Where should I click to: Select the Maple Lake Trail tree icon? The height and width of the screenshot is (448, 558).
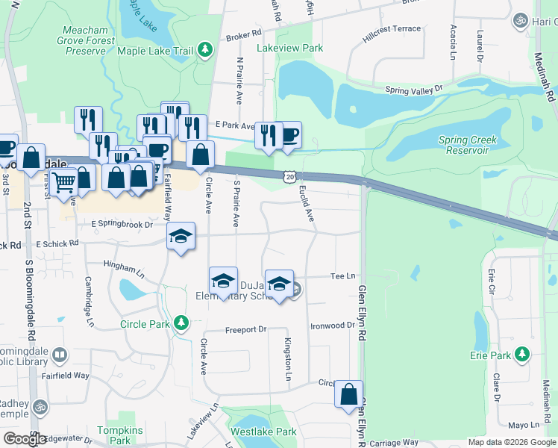[204, 51]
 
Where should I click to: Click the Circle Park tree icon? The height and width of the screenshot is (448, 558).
[180, 323]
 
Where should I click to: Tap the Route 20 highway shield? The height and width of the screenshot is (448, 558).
[289, 175]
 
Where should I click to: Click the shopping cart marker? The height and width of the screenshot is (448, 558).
[64, 180]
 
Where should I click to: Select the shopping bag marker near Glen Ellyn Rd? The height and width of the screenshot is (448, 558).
[348, 393]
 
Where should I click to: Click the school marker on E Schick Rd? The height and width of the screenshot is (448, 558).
[181, 237]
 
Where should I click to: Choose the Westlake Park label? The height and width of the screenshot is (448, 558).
[263, 432]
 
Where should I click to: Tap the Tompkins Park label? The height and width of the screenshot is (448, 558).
[114, 435]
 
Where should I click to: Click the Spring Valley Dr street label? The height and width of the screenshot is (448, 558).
[414, 90]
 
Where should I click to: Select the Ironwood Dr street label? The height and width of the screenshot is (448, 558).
[333, 326]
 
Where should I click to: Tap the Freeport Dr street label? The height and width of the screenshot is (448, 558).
[245, 329]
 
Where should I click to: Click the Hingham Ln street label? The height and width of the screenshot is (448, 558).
[123, 267]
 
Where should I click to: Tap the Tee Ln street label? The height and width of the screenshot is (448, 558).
[342, 276]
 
